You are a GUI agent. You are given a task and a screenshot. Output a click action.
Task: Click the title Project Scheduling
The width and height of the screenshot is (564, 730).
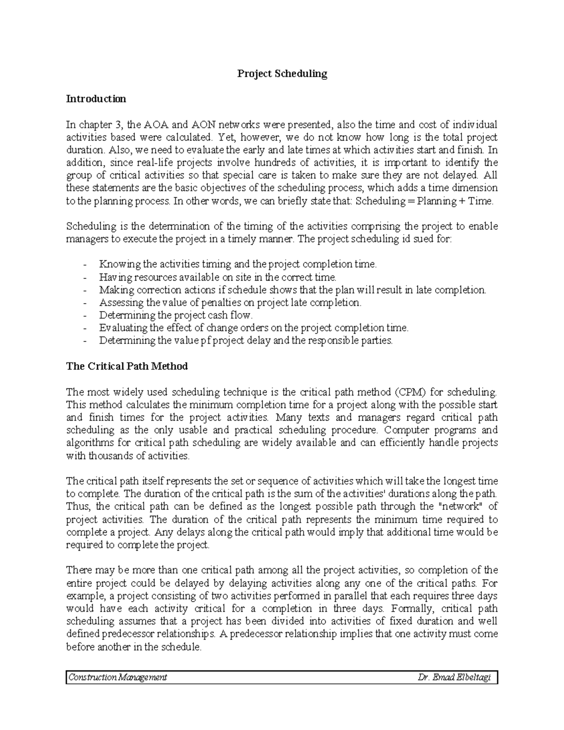coord(282,74)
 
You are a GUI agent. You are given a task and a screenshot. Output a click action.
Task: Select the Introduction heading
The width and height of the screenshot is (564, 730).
coord(96,99)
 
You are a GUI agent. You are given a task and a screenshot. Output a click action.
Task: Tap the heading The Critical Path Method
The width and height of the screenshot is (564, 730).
coord(127,367)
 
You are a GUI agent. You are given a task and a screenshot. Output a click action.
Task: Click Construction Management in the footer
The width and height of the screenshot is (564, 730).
coord(117,677)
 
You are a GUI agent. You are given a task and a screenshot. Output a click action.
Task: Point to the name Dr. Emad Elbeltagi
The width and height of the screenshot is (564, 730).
coord(455,677)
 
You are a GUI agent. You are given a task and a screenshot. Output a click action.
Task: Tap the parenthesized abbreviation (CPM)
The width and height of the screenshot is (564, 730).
coord(410,392)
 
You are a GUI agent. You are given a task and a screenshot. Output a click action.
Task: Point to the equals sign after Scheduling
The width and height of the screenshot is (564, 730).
coord(411,201)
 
